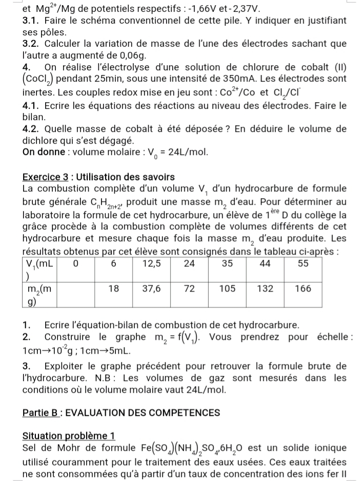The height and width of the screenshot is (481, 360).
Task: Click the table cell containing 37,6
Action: [152, 289]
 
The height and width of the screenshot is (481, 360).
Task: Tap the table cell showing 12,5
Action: [152, 264]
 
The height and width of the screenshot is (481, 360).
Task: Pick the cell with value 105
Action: [227, 289]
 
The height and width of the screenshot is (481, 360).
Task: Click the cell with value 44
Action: [265, 264]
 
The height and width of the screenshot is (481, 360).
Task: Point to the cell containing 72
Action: [189, 289]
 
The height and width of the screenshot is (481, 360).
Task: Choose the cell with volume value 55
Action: [304, 264]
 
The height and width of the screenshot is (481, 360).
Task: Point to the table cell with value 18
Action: [114, 289]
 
